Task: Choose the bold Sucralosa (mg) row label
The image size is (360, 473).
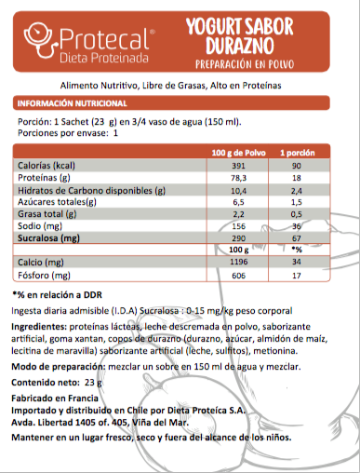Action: pos(51,238)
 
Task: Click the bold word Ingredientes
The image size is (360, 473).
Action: pos(40,331)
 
